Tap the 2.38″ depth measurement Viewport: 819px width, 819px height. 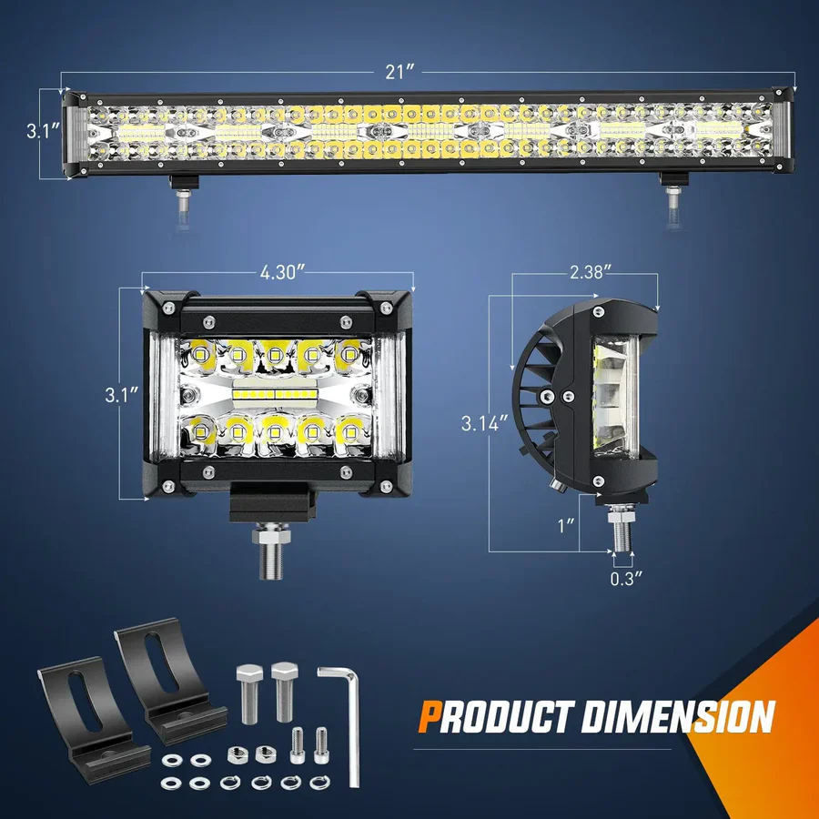(584, 270)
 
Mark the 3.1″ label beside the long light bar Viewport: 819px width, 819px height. (42, 131)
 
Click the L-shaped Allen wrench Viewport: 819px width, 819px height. (344, 719)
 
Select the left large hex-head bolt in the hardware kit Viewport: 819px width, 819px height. (249, 692)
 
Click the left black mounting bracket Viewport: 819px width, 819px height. (81, 719)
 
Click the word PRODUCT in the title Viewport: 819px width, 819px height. (492, 716)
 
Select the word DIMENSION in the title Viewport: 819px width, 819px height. (677, 716)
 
